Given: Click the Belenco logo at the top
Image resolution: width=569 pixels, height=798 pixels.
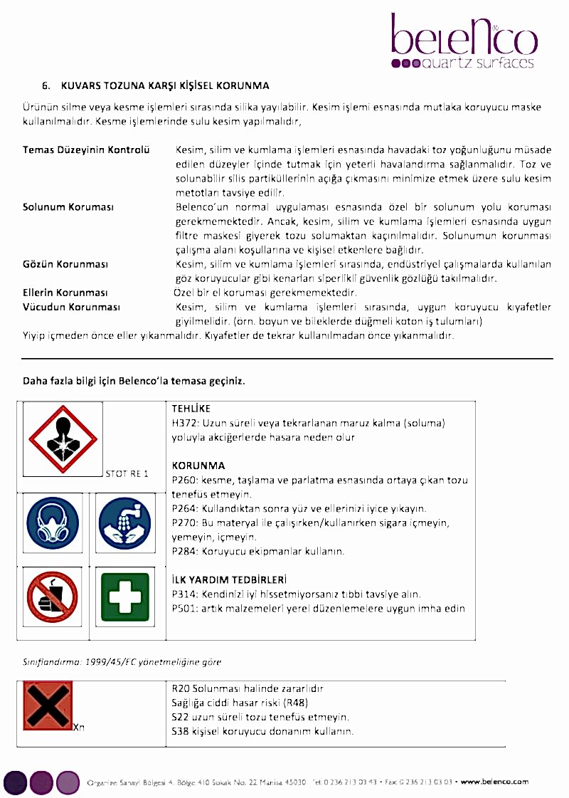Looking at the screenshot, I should coord(464,41).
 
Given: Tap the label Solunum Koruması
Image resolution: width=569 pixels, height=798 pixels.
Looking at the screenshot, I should coord(68,207).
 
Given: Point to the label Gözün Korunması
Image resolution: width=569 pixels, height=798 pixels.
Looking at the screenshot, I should coord(65,264).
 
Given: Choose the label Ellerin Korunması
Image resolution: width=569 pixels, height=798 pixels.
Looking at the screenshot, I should coord(65,293).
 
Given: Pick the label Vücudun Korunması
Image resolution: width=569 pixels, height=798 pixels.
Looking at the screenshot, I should coord(71,307).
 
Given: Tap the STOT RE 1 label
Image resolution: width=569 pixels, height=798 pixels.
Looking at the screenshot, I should coord(127,473).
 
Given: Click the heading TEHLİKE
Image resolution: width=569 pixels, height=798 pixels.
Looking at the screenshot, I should coord(191,409).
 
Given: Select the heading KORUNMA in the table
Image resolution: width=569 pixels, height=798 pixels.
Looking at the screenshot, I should coord(198,466).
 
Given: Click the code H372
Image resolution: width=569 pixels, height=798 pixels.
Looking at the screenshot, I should coord(185,423).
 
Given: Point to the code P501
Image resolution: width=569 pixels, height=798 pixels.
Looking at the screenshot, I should coord(184,609).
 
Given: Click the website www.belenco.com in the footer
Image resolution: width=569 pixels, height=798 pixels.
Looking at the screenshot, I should coord(494,782).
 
